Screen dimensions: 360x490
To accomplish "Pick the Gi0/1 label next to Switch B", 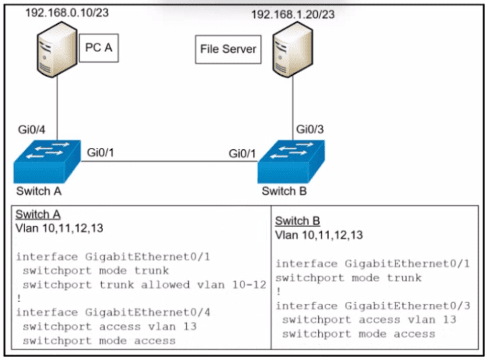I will (243, 153).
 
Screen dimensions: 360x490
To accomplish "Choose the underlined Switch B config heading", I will (297, 221).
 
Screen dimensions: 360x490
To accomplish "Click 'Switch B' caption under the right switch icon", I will (284, 192).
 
